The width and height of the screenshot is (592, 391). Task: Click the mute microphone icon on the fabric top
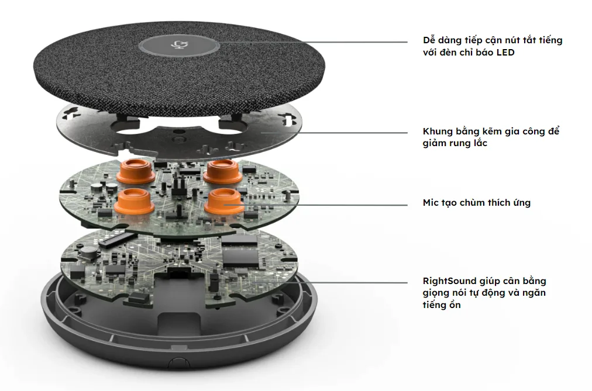[x=178, y=45]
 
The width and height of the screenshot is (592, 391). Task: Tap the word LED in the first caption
[x=505, y=53]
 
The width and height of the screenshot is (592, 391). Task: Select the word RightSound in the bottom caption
[x=450, y=281]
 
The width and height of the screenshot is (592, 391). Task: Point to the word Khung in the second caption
[x=437, y=132]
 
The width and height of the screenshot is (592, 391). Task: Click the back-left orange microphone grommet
[x=134, y=171]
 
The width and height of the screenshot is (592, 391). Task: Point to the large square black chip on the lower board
[x=241, y=257]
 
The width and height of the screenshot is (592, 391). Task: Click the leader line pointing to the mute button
[x=313, y=42]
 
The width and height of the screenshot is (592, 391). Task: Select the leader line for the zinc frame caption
[x=335, y=133]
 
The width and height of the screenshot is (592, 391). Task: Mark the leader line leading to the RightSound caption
[x=331, y=282]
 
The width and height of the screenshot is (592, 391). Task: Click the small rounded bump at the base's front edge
[x=178, y=362]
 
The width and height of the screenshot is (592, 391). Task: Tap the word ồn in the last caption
[x=455, y=305]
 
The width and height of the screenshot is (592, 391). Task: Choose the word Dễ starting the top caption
[x=429, y=40]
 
